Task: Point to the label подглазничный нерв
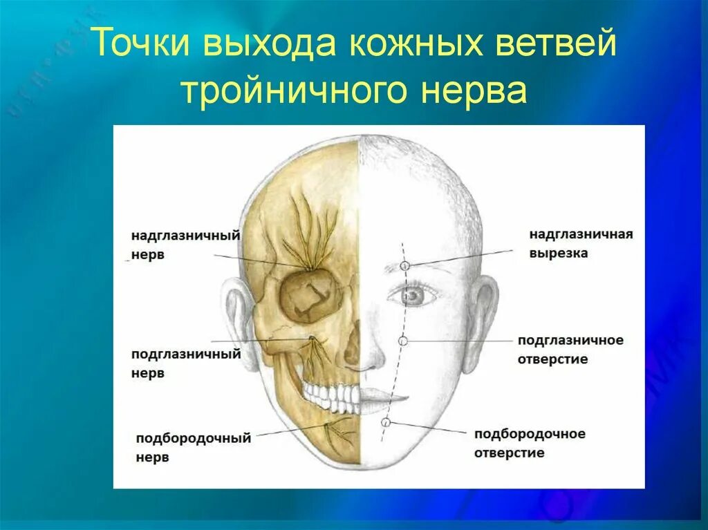click(185, 363)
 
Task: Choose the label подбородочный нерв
click(193, 447)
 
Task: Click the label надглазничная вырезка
click(581, 244)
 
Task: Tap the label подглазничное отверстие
click(570, 350)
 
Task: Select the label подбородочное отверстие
click(530, 443)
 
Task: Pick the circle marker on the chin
click(386, 422)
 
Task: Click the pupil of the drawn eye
click(414, 295)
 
